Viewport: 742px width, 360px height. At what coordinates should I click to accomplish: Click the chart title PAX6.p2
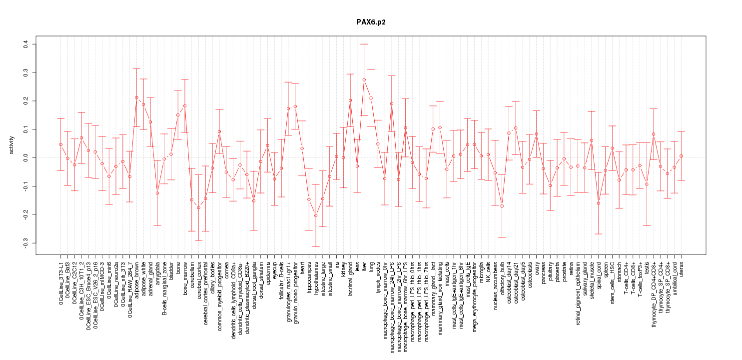[x=370, y=22]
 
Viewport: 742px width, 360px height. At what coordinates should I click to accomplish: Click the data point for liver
[x=364, y=79]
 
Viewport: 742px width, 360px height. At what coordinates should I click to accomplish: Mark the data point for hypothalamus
[x=316, y=215]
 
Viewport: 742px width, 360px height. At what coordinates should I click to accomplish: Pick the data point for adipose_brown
[x=136, y=97]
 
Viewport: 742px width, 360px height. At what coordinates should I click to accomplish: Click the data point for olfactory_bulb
[x=502, y=206]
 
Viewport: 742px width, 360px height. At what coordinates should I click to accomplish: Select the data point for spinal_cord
[x=598, y=203]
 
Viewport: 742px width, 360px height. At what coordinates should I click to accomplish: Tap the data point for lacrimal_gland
[x=350, y=100]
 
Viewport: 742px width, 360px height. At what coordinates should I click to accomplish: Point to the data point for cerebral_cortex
[x=198, y=207]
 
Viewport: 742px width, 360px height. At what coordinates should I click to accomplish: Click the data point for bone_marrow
[x=185, y=106]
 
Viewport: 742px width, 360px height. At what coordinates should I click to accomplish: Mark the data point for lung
[x=371, y=98]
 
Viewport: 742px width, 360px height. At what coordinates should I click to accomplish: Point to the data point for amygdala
[x=157, y=193]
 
